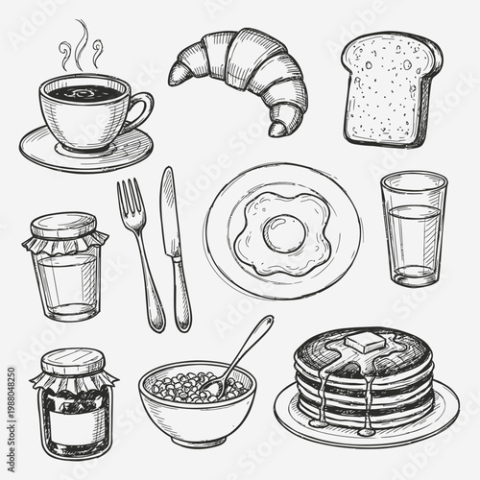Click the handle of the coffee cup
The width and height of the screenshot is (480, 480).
[141, 111]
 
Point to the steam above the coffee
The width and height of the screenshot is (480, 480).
[83, 48]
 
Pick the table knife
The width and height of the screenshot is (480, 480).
[175, 250]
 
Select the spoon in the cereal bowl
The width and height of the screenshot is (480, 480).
[240, 355]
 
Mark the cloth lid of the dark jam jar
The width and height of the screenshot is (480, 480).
[73, 365]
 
